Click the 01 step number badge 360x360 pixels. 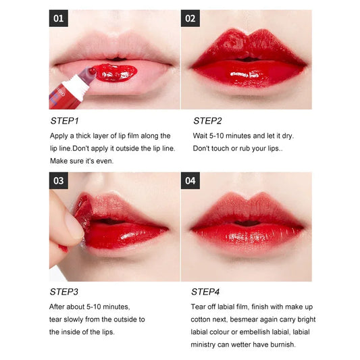click(x=59, y=18)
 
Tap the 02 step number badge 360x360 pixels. click(x=190, y=18)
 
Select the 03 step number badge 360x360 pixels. click(x=59, y=181)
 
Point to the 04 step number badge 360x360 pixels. click(x=190, y=181)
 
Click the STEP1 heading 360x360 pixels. click(x=65, y=121)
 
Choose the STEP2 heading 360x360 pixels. click(x=207, y=121)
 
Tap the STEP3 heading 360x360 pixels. click(x=65, y=292)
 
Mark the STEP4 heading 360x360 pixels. click(x=206, y=292)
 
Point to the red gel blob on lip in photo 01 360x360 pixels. click(x=112, y=72)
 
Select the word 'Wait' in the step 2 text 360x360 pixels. click(x=201, y=136)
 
